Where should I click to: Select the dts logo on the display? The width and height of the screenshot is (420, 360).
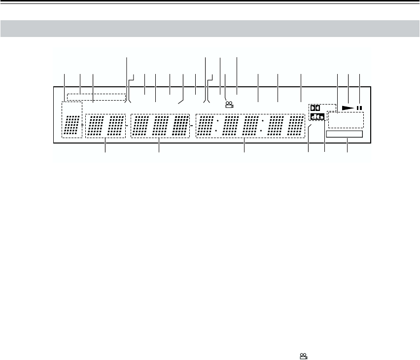(318, 116)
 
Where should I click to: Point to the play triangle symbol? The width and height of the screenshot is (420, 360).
(348, 107)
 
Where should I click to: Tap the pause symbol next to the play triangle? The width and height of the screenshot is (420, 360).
(360, 107)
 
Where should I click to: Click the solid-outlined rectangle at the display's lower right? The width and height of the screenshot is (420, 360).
(344, 134)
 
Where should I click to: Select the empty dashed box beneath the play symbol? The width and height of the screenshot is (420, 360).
(345, 119)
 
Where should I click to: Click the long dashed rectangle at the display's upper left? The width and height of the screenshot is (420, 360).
(97, 97)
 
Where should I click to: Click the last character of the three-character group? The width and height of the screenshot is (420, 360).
(181, 125)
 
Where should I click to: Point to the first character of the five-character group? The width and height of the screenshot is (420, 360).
(206, 125)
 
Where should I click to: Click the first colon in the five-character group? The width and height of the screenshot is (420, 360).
(217, 125)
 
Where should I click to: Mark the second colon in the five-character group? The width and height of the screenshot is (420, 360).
(261, 125)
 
